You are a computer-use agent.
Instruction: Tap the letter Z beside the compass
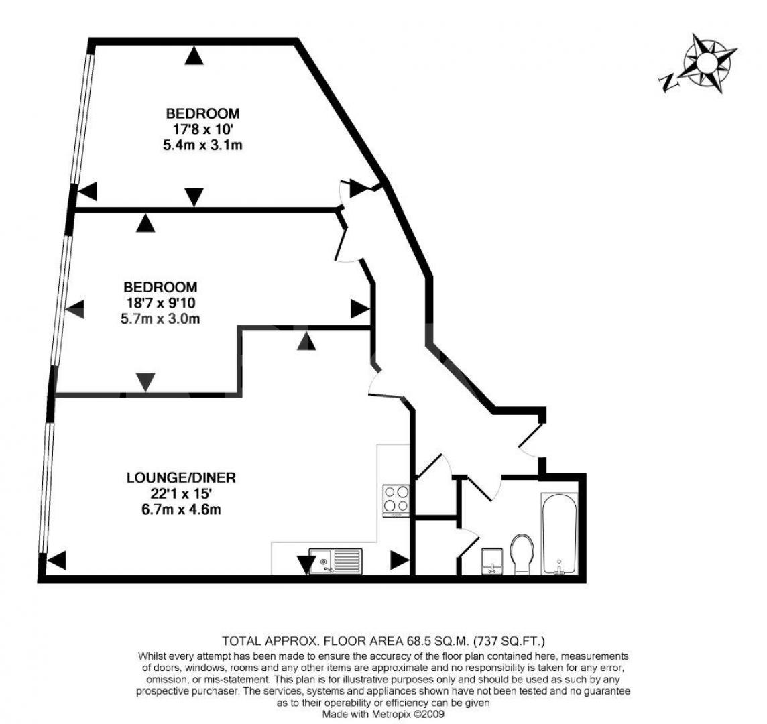(668, 82)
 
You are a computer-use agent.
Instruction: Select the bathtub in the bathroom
(558, 534)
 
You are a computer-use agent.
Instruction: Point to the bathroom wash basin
(493, 560)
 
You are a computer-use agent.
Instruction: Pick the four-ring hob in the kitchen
(396, 499)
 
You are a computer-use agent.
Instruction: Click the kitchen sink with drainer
(335, 560)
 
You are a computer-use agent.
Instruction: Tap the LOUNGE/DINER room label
(182, 478)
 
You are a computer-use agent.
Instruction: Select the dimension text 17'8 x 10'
(203, 129)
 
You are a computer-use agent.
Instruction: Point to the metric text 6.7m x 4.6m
(182, 509)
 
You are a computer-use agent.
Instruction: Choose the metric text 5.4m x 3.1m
(203, 145)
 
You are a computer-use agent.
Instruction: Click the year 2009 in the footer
(432, 714)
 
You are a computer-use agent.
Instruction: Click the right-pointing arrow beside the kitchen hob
(400, 560)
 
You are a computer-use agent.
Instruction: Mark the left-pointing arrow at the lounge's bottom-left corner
(56, 560)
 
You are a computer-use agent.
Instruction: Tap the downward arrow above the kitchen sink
(306, 566)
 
